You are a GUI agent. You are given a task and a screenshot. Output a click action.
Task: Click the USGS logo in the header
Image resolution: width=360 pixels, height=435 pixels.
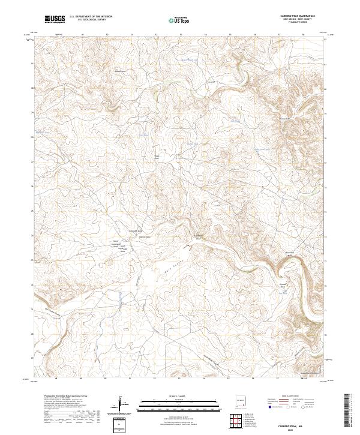coord(55,20)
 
